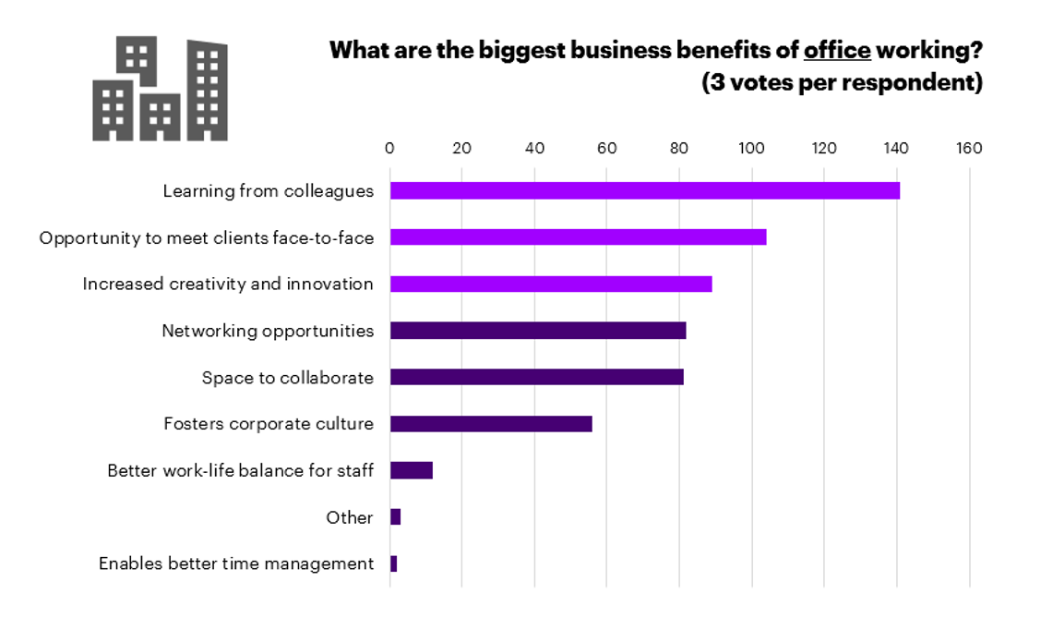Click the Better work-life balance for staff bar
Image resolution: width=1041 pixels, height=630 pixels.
[x=412, y=470]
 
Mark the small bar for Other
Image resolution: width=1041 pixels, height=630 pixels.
[x=396, y=517]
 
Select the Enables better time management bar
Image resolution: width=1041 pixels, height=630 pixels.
[x=394, y=563]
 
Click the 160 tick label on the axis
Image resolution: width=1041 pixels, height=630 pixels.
[x=969, y=148]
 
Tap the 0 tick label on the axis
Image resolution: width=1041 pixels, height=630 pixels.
[x=389, y=148]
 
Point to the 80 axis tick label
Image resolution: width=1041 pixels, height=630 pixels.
[x=679, y=148]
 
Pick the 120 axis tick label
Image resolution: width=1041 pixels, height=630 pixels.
[x=824, y=148]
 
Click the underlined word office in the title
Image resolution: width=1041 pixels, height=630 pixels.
[x=837, y=50]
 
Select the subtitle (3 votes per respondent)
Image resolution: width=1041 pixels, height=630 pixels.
[x=842, y=83]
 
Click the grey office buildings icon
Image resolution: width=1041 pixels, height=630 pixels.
[x=160, y=90]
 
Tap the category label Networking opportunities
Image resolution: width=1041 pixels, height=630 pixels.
[x=268, y=331]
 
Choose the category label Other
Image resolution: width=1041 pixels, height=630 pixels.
[x=350, y=517]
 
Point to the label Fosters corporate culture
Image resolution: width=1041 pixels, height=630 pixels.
[x=269, y=424]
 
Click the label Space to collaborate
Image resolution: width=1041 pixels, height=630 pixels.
[x=288, y=378]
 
